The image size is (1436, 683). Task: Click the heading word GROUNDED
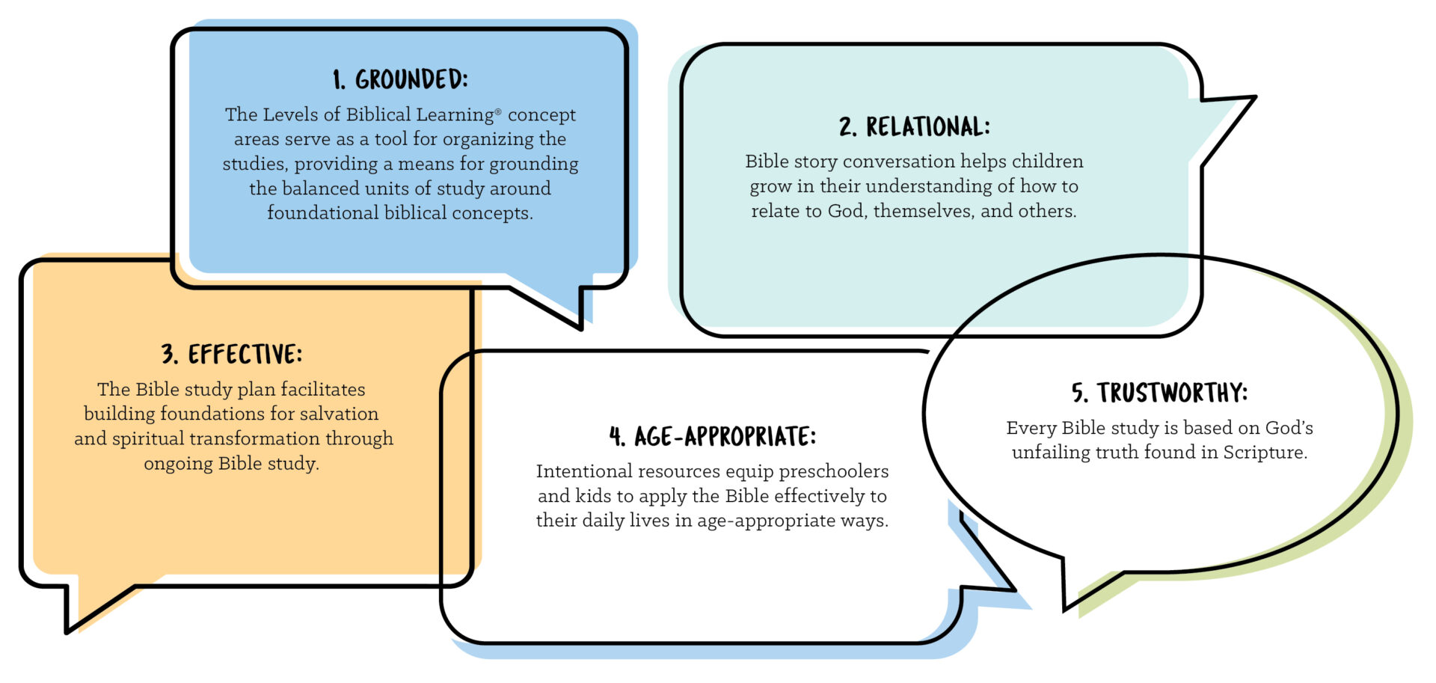(x=411, y=79)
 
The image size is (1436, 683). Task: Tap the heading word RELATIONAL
(x=927, y=126)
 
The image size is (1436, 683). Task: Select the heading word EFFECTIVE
(x=245, y=354)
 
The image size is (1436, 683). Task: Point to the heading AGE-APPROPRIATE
(x=725, y=436)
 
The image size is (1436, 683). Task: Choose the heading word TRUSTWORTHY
(x=1172, y=393)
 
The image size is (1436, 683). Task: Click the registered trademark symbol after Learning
(x=498, y=111)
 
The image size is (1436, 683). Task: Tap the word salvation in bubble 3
(x=340, y=414)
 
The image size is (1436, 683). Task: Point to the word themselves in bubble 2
(x=923, y=211)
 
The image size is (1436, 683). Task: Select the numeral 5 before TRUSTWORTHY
(x=1078, y=393)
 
